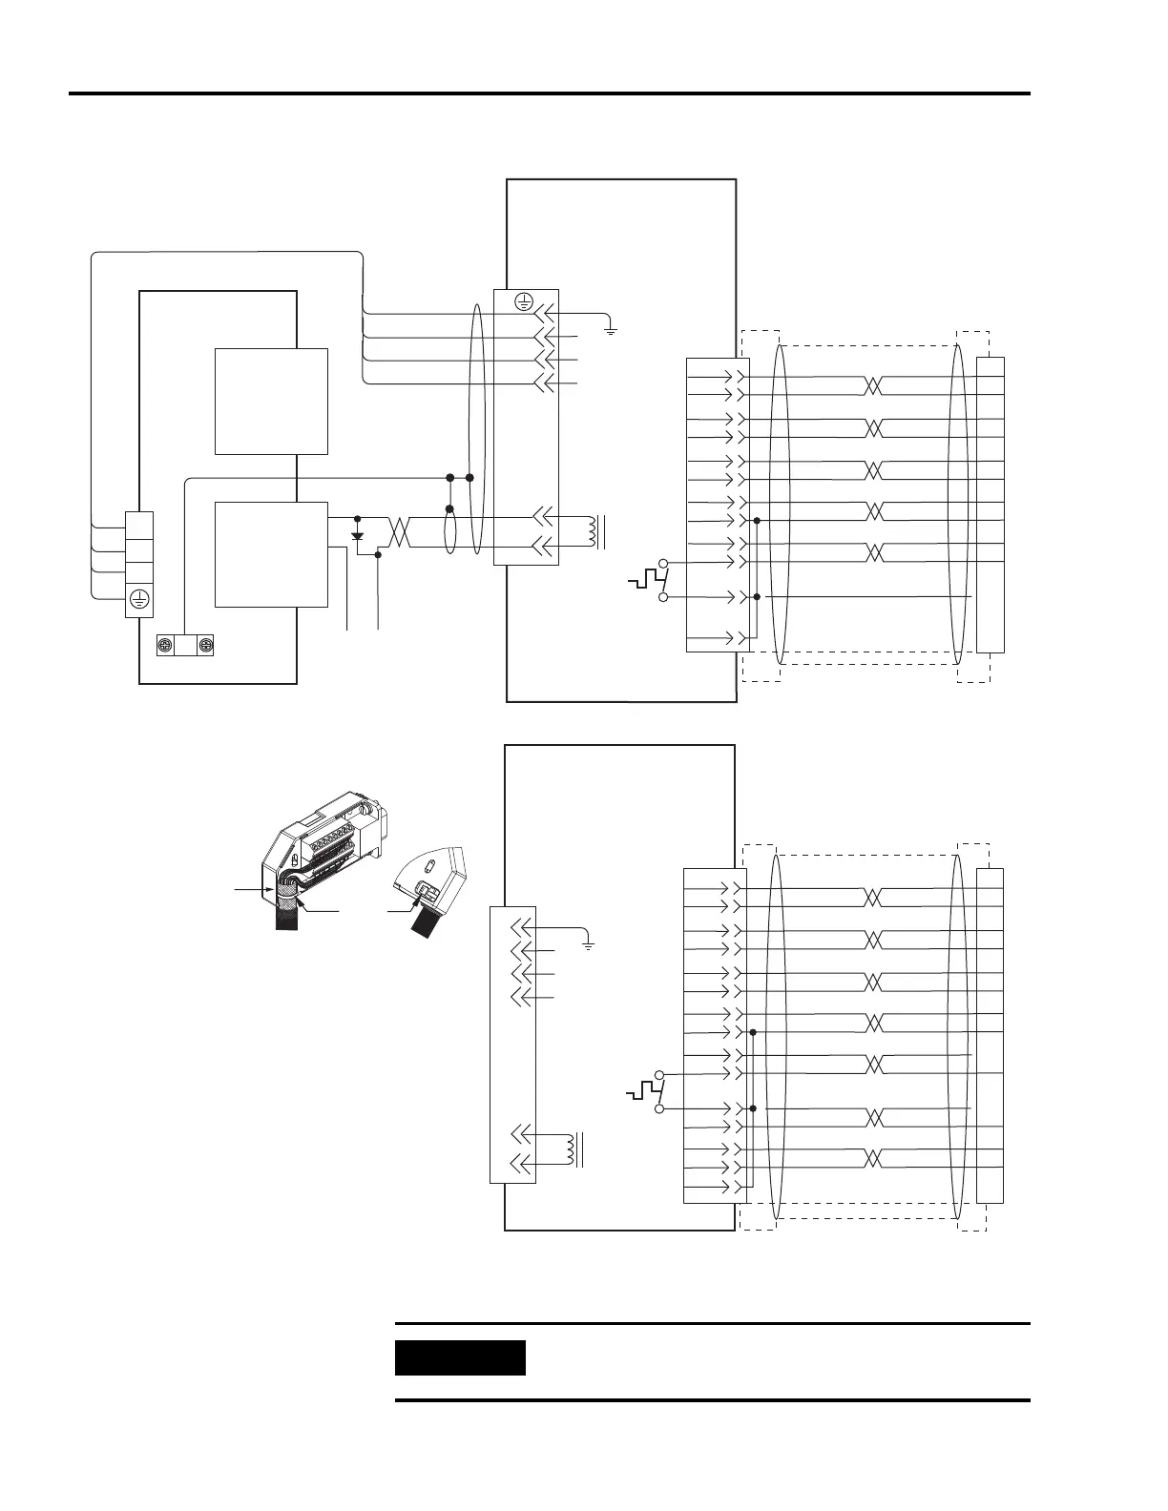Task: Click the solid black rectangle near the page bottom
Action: point(460,1357)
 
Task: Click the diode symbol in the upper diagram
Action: point(358,535)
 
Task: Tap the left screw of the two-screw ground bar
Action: point(164,646)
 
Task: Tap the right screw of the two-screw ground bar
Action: point(205,646)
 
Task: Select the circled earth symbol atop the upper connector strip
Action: point(522,302)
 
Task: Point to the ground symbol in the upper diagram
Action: point(611,330)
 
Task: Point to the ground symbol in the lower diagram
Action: point(589,944)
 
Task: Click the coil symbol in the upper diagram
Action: point(598,532)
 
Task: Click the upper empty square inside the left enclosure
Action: point(271,401)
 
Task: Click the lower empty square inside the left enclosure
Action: point(271,553)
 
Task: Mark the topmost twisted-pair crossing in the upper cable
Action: point(873,385)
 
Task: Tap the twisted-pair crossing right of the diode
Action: point(399,533)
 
